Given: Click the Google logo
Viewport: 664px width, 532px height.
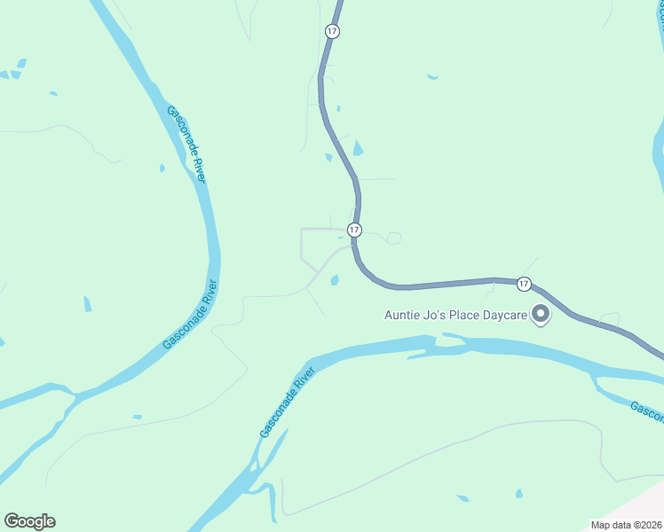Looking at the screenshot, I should click(x=29, y=521).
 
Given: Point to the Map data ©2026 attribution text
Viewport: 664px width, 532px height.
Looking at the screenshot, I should click(x=627, y=525).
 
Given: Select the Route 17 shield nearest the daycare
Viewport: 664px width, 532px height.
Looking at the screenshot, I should click(x=524, y=284).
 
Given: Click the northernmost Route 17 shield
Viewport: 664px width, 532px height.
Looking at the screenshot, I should click(x=332, y=31).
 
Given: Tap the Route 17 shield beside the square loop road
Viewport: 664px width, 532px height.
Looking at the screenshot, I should click(x=354, y=230).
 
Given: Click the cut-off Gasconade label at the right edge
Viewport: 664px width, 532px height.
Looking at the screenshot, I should click(x=647, y=410).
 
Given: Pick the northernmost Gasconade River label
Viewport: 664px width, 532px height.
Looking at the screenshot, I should click(x=187, y=145).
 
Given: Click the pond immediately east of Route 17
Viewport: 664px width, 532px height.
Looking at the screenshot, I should click(x=358, y=148).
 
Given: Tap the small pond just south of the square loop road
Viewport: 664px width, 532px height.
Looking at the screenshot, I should click(x=335, y=280).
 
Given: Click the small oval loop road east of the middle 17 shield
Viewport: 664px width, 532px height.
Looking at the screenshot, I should click(x=394, y=238).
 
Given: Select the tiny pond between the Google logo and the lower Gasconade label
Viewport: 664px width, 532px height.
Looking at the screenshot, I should click(x=137, y=416).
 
